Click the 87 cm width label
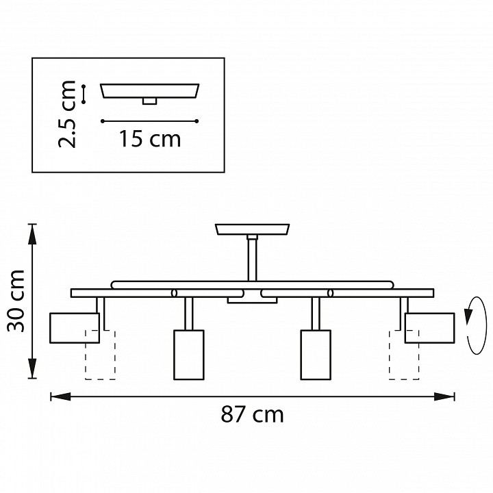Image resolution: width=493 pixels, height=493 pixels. click(x=252, y=415)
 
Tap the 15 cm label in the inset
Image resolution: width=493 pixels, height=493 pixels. click(x=150, y=139)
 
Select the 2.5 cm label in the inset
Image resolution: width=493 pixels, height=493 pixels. click(x=67, y=114)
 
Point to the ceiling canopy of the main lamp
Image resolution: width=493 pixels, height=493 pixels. click(x=253, y=229)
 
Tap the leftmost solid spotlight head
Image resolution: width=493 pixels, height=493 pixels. click(x=74, y=327)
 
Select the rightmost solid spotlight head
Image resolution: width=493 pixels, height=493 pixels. click(x=429, y=327)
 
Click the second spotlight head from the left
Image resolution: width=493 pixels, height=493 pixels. click(x=189, y=354)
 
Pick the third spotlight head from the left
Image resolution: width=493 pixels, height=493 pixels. click(x=316, y=354)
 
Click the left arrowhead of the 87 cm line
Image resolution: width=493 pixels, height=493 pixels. click(x=55, y=396)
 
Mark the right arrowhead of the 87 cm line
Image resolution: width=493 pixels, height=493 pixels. click(x=450, y=396)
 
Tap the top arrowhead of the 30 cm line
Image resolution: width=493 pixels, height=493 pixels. click(x=31, y=229)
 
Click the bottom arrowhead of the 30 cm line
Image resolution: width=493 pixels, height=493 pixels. click(x=31, y=374)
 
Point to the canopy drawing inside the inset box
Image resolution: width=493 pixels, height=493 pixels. click(x=150, y=92)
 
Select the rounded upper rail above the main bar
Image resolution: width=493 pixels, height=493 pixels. click(x=253, y=282)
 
